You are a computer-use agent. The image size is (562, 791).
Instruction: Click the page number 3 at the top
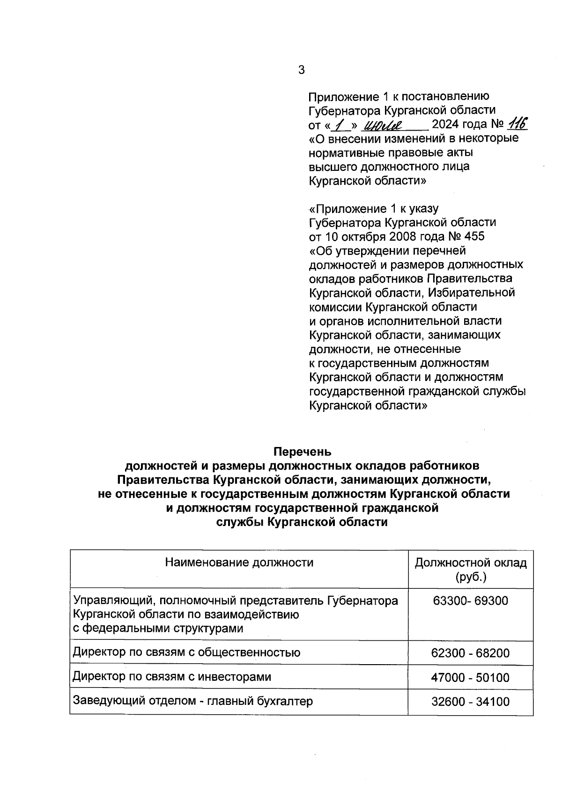pos(301,70)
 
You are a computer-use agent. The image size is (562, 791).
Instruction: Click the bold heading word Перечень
pos(302,452)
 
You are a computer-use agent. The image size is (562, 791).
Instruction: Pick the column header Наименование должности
pos(239,562)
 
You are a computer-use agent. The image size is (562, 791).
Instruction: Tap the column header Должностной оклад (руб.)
pos(471,569)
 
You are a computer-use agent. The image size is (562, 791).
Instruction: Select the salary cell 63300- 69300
pos(470,601)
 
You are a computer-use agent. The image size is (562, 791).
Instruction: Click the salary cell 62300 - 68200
pos(470,653)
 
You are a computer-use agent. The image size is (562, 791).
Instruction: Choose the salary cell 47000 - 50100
pos(470,677)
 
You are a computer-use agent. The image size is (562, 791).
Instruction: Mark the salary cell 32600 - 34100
pos(470,702)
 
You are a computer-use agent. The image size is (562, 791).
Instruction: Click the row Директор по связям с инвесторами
pos(172,677)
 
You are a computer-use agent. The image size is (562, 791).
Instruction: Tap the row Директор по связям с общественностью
pos(186,652)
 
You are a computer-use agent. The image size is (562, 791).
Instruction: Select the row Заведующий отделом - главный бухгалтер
pos(192,701)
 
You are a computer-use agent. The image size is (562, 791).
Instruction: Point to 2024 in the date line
pos(446,125)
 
